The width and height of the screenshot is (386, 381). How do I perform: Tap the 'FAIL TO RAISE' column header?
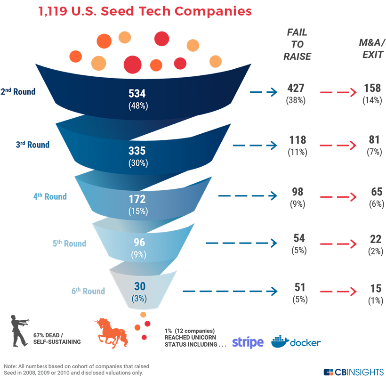click(297, 44)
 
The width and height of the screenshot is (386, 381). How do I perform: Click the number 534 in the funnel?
click(138, 94)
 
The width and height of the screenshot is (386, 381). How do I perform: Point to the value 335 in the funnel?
click(138, 151)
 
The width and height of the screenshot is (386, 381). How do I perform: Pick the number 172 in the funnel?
click(138, 199)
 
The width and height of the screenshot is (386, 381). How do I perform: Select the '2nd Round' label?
click(18, 92)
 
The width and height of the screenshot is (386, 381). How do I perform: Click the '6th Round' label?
click(88, 291)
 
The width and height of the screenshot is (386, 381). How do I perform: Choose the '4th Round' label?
click(50, 196)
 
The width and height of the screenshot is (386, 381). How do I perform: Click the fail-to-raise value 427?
click(297, 88)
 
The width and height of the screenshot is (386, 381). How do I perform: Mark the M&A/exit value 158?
click(372, 88)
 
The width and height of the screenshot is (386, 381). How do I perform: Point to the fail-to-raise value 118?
click(297, 140)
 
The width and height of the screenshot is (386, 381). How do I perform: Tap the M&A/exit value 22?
click(372, 240)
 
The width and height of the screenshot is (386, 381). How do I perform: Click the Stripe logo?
click(248, 342)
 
